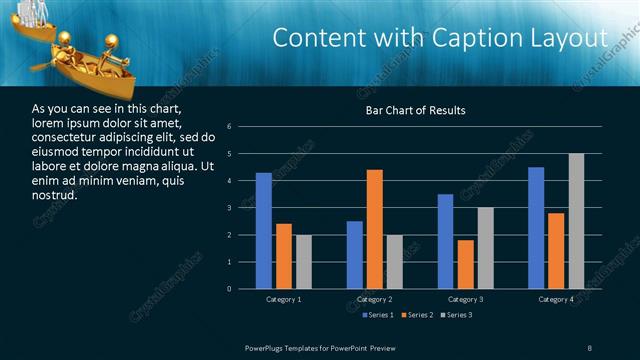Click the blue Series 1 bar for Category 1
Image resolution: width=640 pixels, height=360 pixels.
coord(263,231)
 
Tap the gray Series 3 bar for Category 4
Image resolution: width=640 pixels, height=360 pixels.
coord(576,221)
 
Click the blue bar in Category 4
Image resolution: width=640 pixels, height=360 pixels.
coord(536,228)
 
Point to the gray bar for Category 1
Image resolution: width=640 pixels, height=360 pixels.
coord(303,262)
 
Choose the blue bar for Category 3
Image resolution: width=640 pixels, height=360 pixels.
coord(446,241)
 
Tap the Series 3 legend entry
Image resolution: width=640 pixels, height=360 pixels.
coord(456,315)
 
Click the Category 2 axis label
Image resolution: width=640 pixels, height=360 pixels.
coord(375,299)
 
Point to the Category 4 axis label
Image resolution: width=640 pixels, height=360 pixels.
coord(556,299)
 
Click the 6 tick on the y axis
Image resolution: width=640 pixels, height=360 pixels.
coord(229,127)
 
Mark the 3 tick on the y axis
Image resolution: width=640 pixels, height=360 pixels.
coord(229,208)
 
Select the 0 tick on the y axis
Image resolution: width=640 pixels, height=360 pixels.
coord(229,289)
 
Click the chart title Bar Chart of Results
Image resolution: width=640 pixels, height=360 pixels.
coord(414,110)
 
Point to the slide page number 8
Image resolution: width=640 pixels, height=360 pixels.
coord(590,346)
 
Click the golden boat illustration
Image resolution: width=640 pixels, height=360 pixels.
coord(75,57)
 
